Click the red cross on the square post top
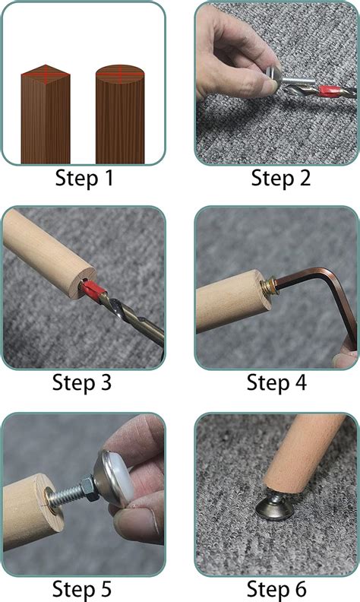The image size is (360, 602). pyautogui.click(x=45, y=74)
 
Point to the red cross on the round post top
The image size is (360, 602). pyautogui.click(x=120, y=74)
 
